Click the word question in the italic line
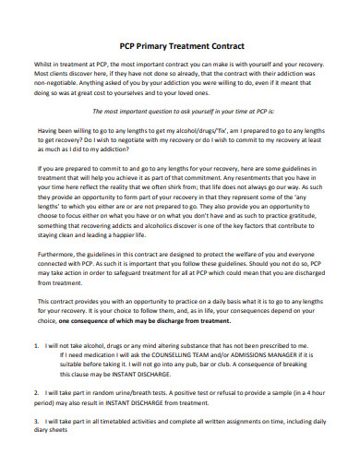177,134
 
